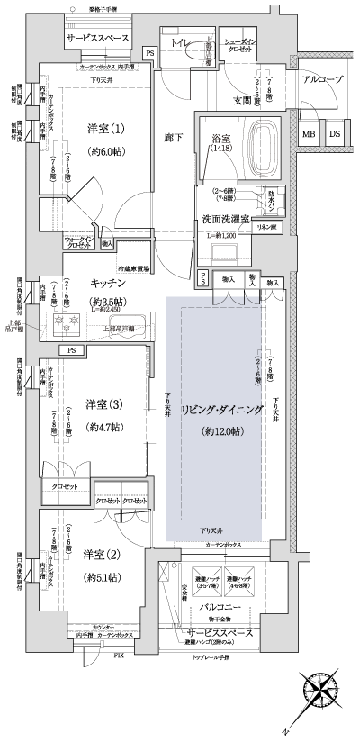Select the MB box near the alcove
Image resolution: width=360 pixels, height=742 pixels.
click(309, 134)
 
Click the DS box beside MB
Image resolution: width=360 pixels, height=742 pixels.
click(335, 134)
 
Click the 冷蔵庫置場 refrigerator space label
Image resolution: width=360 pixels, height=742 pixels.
click(135, 267)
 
